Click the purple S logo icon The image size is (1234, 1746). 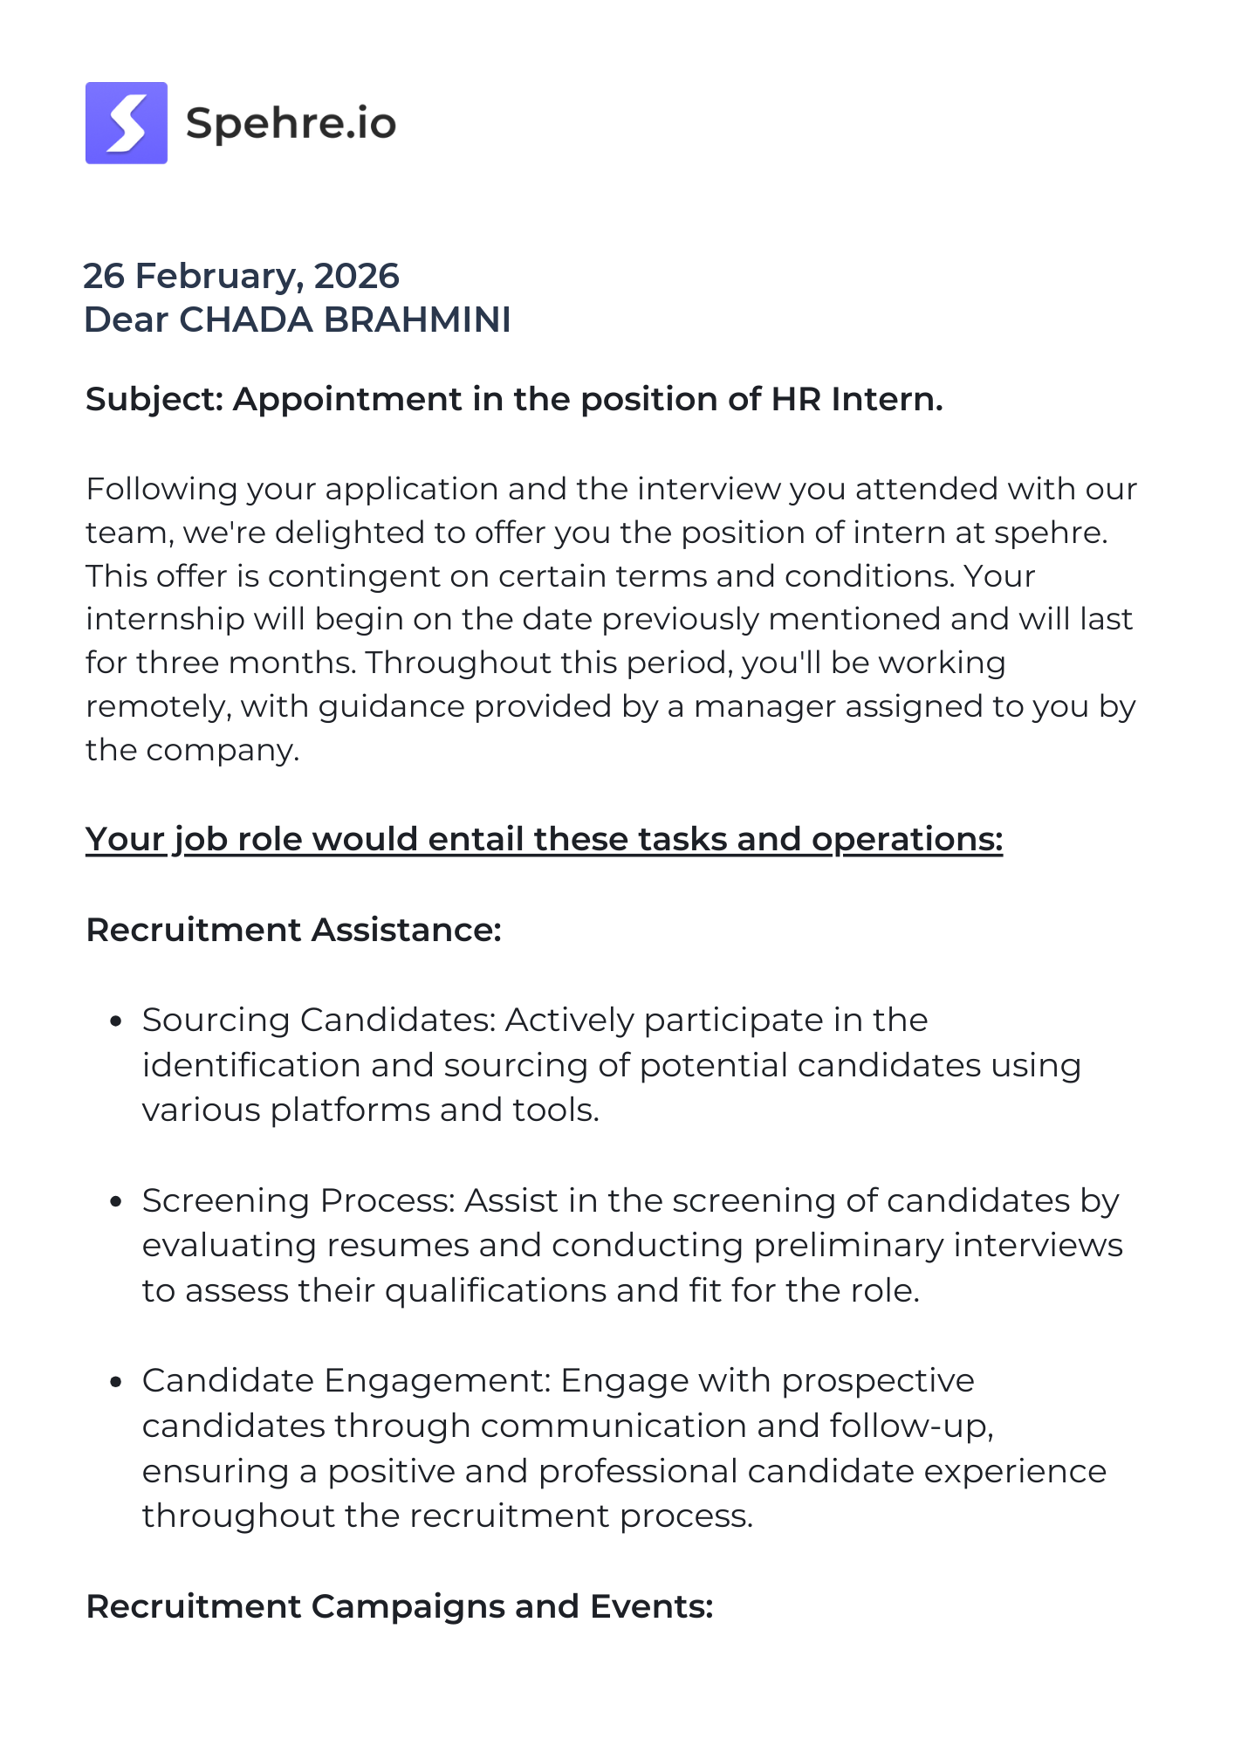tap(127, 123)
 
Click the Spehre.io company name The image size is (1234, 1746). tap(291, 123)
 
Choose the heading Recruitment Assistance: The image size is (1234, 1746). tap(293, 930)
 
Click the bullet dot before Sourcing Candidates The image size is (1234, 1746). tap(115, 1021)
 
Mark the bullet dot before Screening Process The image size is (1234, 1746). tap(115, 1201)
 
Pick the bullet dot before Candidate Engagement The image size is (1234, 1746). tap(115, 1382)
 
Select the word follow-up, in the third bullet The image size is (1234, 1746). tap(912, 1426)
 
